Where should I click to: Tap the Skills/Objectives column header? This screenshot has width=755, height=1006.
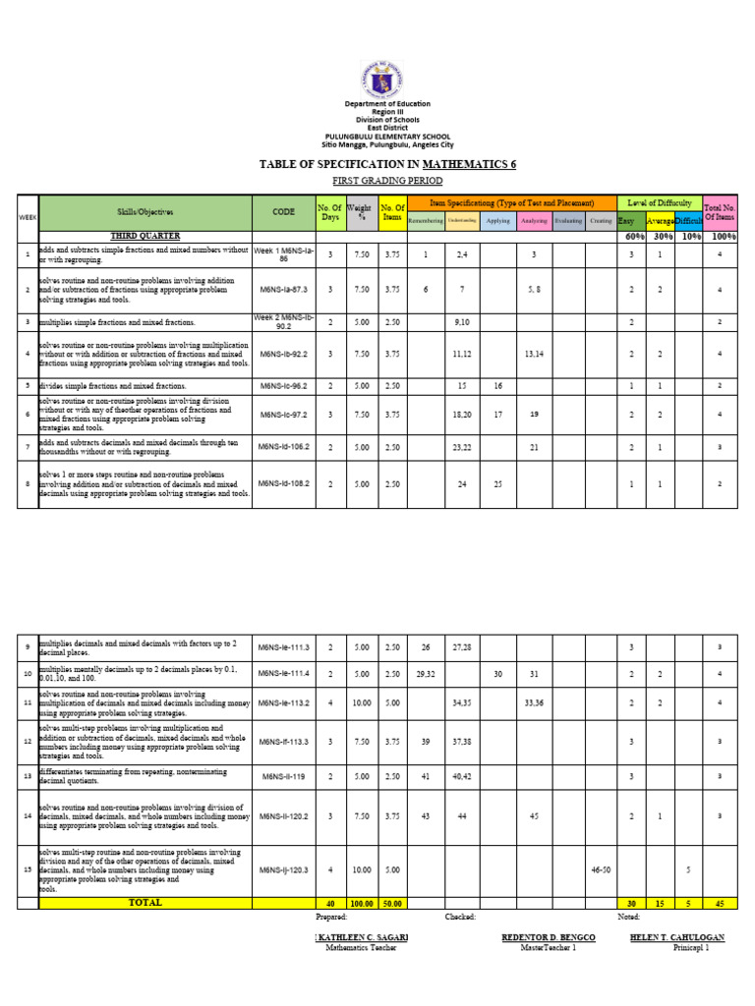145,211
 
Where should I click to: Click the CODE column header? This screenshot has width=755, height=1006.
283,211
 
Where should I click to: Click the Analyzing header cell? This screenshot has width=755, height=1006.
533,221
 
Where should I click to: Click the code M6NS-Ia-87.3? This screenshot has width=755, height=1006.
283,290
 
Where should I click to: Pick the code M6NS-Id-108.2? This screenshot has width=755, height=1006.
283,483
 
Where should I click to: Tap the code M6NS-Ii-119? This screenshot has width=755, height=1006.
283,776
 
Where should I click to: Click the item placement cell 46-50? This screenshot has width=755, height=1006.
600,869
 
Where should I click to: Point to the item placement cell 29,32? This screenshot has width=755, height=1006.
426,673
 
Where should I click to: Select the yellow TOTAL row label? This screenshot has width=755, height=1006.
145,902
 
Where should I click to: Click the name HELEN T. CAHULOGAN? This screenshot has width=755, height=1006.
677,937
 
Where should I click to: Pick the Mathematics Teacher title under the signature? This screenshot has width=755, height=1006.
359,948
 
